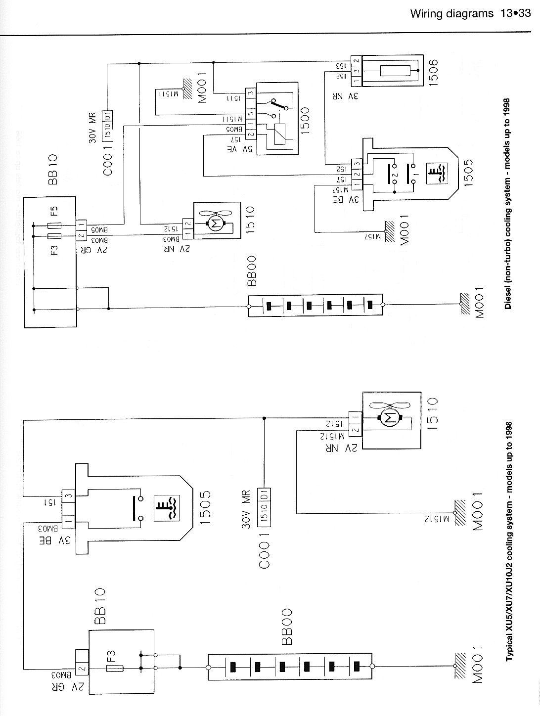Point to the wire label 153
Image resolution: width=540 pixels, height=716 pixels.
click(x=340, y=64)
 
